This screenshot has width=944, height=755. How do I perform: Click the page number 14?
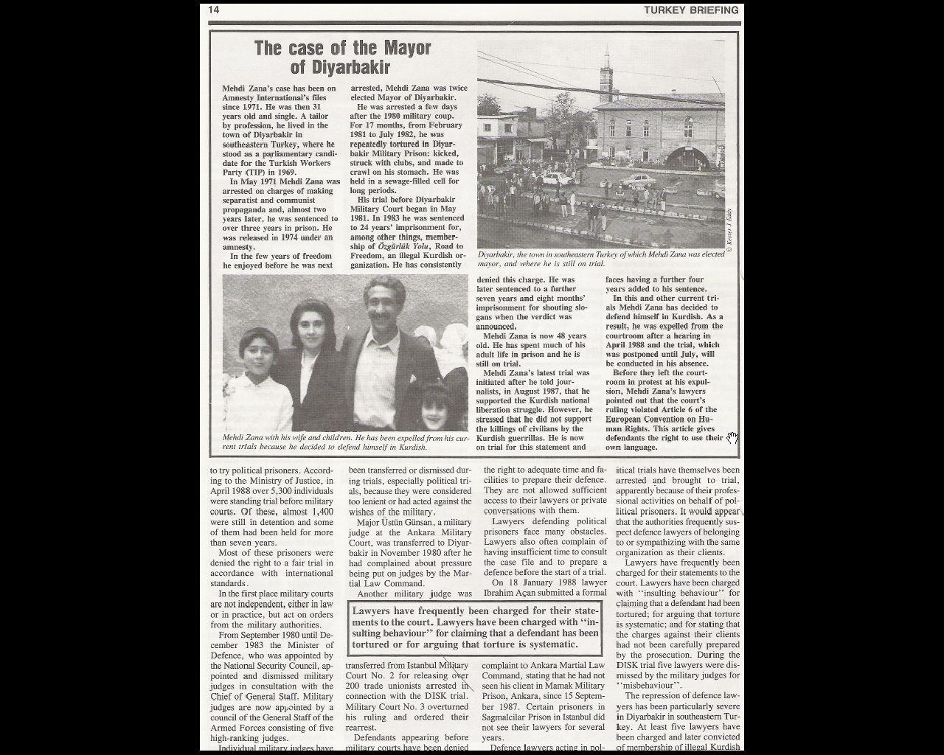click(x=214, y=10)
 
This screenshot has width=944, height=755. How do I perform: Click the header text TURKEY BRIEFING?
click(x=690, y=10)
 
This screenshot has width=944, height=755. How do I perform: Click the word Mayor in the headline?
click(x=406, y=49)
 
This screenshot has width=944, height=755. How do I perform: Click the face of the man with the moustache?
click(x=384, y=305)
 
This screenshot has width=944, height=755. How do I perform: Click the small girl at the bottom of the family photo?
click(x=431, y=410)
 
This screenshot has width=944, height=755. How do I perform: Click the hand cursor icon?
click(x=732, y=438)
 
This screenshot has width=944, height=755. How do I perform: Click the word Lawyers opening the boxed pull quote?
click(x=375, y=611)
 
